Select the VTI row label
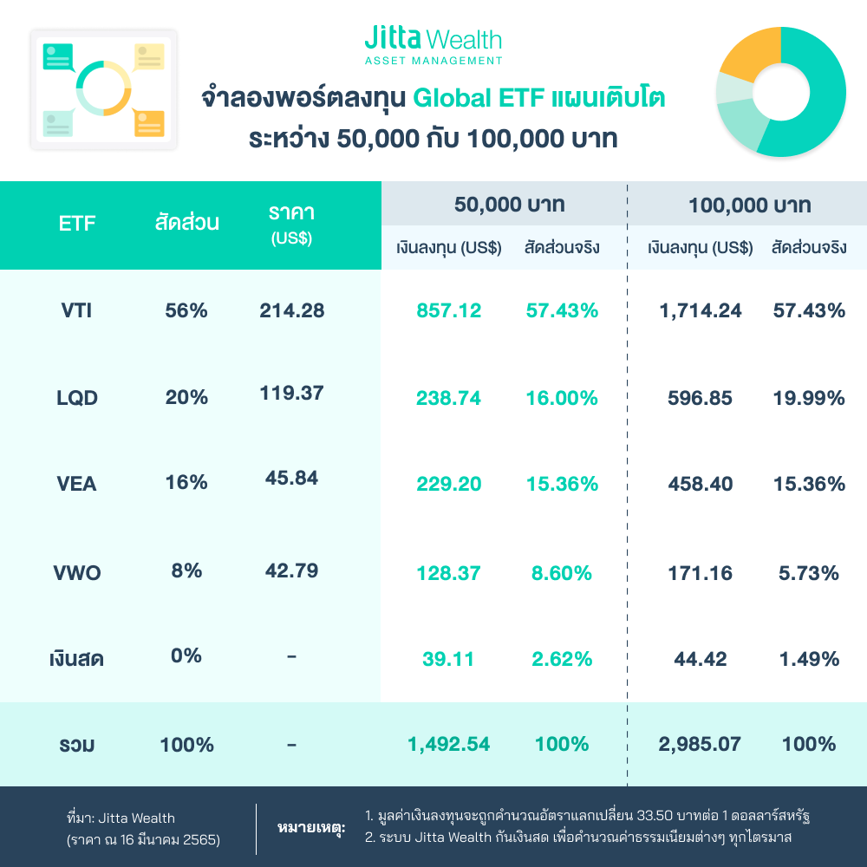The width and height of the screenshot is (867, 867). point(77,310)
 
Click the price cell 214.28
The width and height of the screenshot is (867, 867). point(291,310)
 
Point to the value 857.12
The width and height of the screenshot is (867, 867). point(448,310)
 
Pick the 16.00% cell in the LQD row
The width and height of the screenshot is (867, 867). point(561,398)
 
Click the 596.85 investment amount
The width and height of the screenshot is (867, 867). point(700,398)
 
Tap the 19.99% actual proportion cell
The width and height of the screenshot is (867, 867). point(808,398)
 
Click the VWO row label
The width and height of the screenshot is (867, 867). point(77,572)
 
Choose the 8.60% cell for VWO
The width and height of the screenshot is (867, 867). point(561,572)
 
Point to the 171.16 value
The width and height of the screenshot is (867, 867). point(700,572)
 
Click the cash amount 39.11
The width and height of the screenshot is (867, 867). point(448,659)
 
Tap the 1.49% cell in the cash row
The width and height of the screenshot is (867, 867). point(808,659)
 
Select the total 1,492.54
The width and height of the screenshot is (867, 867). point(448,744)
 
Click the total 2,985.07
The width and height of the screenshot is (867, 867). point(700,744)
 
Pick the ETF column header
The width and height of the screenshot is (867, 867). point(77,224)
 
